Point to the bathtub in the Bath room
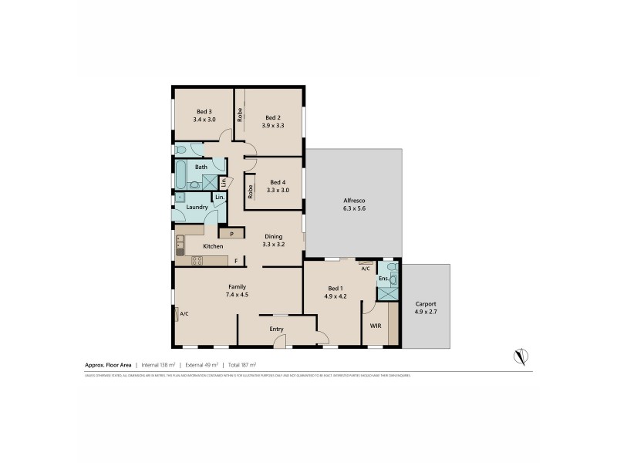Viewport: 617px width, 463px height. click(180, 175)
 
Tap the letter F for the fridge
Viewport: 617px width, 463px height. click(236, 261)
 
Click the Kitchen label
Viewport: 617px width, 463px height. click(213, 246)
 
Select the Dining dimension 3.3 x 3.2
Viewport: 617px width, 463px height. click(274, 244)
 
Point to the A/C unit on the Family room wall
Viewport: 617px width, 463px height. click(177, 313)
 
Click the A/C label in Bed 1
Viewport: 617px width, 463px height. click(365, 269)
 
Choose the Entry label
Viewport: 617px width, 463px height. click(276, 330)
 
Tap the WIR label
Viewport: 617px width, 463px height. click(375, 326)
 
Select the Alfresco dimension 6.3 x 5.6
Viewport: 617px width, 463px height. click(352, 208)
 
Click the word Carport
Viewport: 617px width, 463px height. click(425, 304)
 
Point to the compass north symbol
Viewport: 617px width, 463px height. click(521, 357)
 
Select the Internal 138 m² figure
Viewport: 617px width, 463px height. click(159, 363)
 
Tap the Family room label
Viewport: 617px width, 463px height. click(237, 286)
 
